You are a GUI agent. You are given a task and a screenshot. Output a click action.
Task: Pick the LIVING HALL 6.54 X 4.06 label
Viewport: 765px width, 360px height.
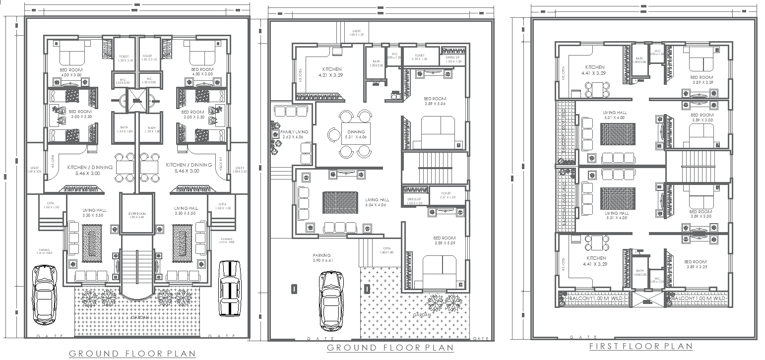point(377,202)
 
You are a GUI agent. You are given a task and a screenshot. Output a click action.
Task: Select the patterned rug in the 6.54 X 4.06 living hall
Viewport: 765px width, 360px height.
point(340,202)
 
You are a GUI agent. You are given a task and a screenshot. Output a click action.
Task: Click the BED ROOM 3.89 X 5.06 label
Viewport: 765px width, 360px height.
point(435,101)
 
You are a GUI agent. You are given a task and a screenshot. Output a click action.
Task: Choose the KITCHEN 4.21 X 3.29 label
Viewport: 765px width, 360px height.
point(331,72)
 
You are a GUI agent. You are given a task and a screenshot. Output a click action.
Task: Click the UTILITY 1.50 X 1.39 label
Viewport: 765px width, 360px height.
point(356,33)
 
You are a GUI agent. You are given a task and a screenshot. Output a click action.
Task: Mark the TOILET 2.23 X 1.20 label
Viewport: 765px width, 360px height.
point(419,58)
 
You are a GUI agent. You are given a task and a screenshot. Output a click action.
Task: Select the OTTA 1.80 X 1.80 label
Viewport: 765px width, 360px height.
point(386,250)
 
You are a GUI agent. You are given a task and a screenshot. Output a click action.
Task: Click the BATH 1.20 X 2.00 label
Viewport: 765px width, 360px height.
point(376,63)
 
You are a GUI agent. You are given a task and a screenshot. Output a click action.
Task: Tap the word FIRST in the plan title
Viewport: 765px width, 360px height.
point(603,346)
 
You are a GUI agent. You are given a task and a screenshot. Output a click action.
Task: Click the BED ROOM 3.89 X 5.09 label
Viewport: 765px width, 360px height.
point(444,240)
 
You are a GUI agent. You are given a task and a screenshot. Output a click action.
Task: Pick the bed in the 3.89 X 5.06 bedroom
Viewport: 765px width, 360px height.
point(437,132)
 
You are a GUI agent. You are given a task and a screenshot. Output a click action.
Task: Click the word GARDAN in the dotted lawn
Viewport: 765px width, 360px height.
point(422,314)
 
